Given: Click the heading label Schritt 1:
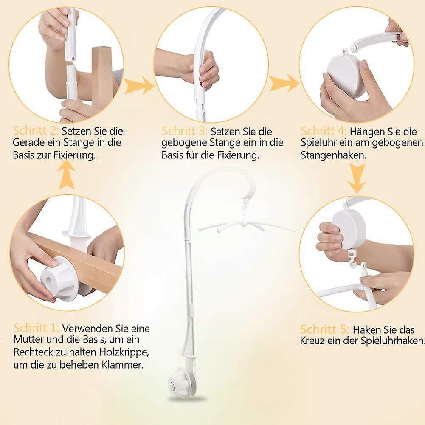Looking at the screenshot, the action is [36, 328].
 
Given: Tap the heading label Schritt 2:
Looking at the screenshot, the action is [36, 131].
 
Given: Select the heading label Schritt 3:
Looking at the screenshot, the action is [184, 131].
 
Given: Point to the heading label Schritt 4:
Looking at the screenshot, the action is [324, 131].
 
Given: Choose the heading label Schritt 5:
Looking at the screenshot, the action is [324, 329].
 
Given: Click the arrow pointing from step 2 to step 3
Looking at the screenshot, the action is [139, 86].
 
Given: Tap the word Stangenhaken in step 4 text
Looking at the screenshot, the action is [333, 155].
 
